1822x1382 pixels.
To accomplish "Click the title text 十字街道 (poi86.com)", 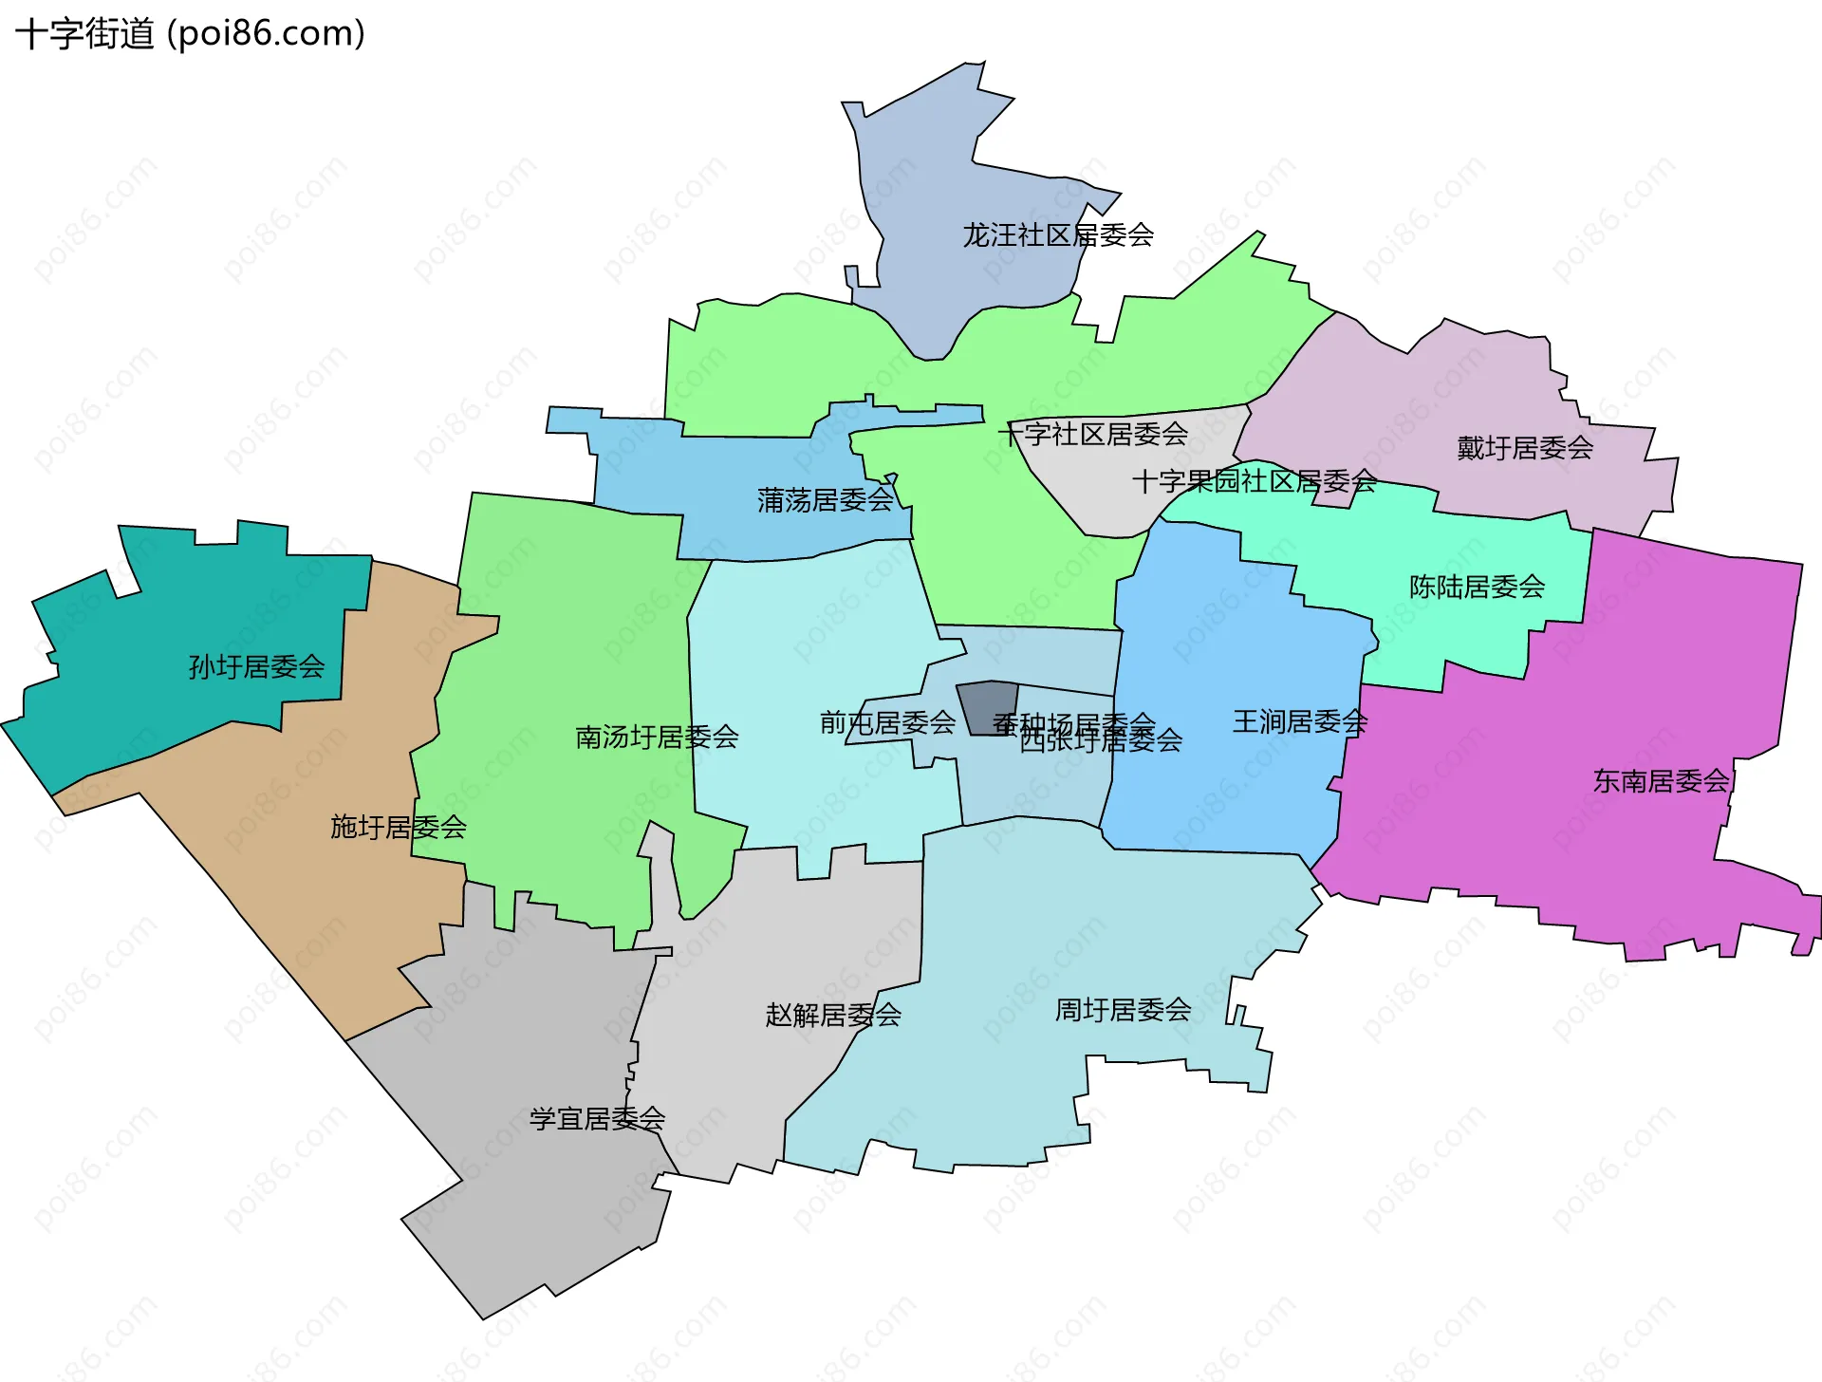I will tap(190, 34).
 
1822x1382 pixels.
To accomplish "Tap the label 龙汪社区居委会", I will tap(1058, 234).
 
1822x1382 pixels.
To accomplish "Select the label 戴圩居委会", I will tap(1525, 448).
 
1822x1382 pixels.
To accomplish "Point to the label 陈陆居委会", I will tap(1477, 587).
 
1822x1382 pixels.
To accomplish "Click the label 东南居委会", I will tap(1661, 781).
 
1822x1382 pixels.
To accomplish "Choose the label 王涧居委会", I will tap(1299, 722).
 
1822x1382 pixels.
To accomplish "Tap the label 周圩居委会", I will tap(1123, 1010).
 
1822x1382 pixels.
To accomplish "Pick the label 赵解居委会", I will tap(833, 1016).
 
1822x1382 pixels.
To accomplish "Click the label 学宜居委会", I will tap(597, 1119).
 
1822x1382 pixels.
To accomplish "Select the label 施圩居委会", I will tap(398, 828).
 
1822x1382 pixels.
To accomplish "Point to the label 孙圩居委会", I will tap(256, 667).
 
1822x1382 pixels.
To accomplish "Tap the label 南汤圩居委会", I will tap(657, 737).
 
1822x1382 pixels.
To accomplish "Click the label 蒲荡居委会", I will tap(825, 500).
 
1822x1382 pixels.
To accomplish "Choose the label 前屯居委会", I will tap(887, 723).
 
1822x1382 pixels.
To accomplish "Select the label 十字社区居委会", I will tap(1093, 435).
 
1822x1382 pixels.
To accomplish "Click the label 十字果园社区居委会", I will tap(1254, 481).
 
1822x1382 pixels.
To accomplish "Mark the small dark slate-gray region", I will tap(987, 707).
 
